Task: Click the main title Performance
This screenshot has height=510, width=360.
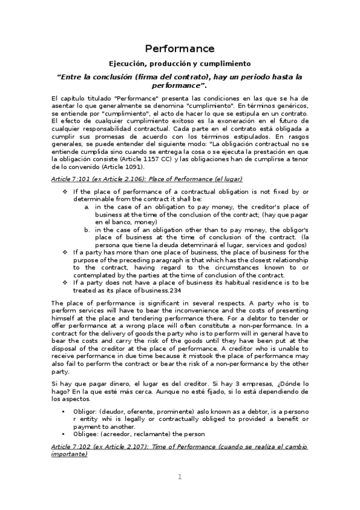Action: tap(180, 49)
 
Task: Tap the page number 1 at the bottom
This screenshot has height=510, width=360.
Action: tap(179, 476)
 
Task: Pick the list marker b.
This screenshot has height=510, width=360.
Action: tap(87, 229)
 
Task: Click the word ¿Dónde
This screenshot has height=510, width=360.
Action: tap(284, 383)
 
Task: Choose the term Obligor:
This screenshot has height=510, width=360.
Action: tap(88, 411)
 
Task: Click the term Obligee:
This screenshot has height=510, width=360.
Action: tap(88, 434)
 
